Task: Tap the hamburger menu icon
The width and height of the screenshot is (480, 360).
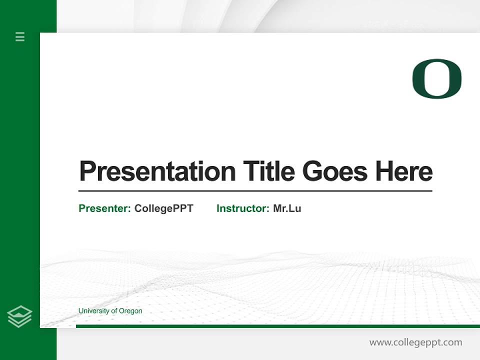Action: click(x=20, y=36)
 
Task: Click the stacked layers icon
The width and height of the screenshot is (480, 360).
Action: click(x=20, y=316)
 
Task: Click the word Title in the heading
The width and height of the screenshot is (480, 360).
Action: click(x=269, y=171)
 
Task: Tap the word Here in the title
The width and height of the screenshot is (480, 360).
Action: click(x=404, y=171)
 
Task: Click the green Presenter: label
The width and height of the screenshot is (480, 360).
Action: click(x=104, y=208)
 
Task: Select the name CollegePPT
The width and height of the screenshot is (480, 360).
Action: click(x=163, y=208)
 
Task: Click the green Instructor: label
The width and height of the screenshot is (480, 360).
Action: click(x=242, y=208)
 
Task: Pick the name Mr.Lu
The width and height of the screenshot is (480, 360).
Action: click(x=287, y=208)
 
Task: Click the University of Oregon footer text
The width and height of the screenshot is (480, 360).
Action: click(x=110, y=311)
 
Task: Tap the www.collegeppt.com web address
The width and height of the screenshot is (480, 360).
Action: click(x=415, y=342)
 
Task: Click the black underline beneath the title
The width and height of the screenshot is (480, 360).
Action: click(x=255, y=191)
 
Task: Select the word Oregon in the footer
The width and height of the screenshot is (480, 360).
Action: click(x=130, y=311)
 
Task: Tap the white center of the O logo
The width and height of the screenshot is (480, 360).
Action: click(x=437, y=78)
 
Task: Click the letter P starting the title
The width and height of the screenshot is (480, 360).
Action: click(x=87, y=171)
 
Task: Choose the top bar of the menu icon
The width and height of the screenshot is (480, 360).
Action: click(x=20, y=33)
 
